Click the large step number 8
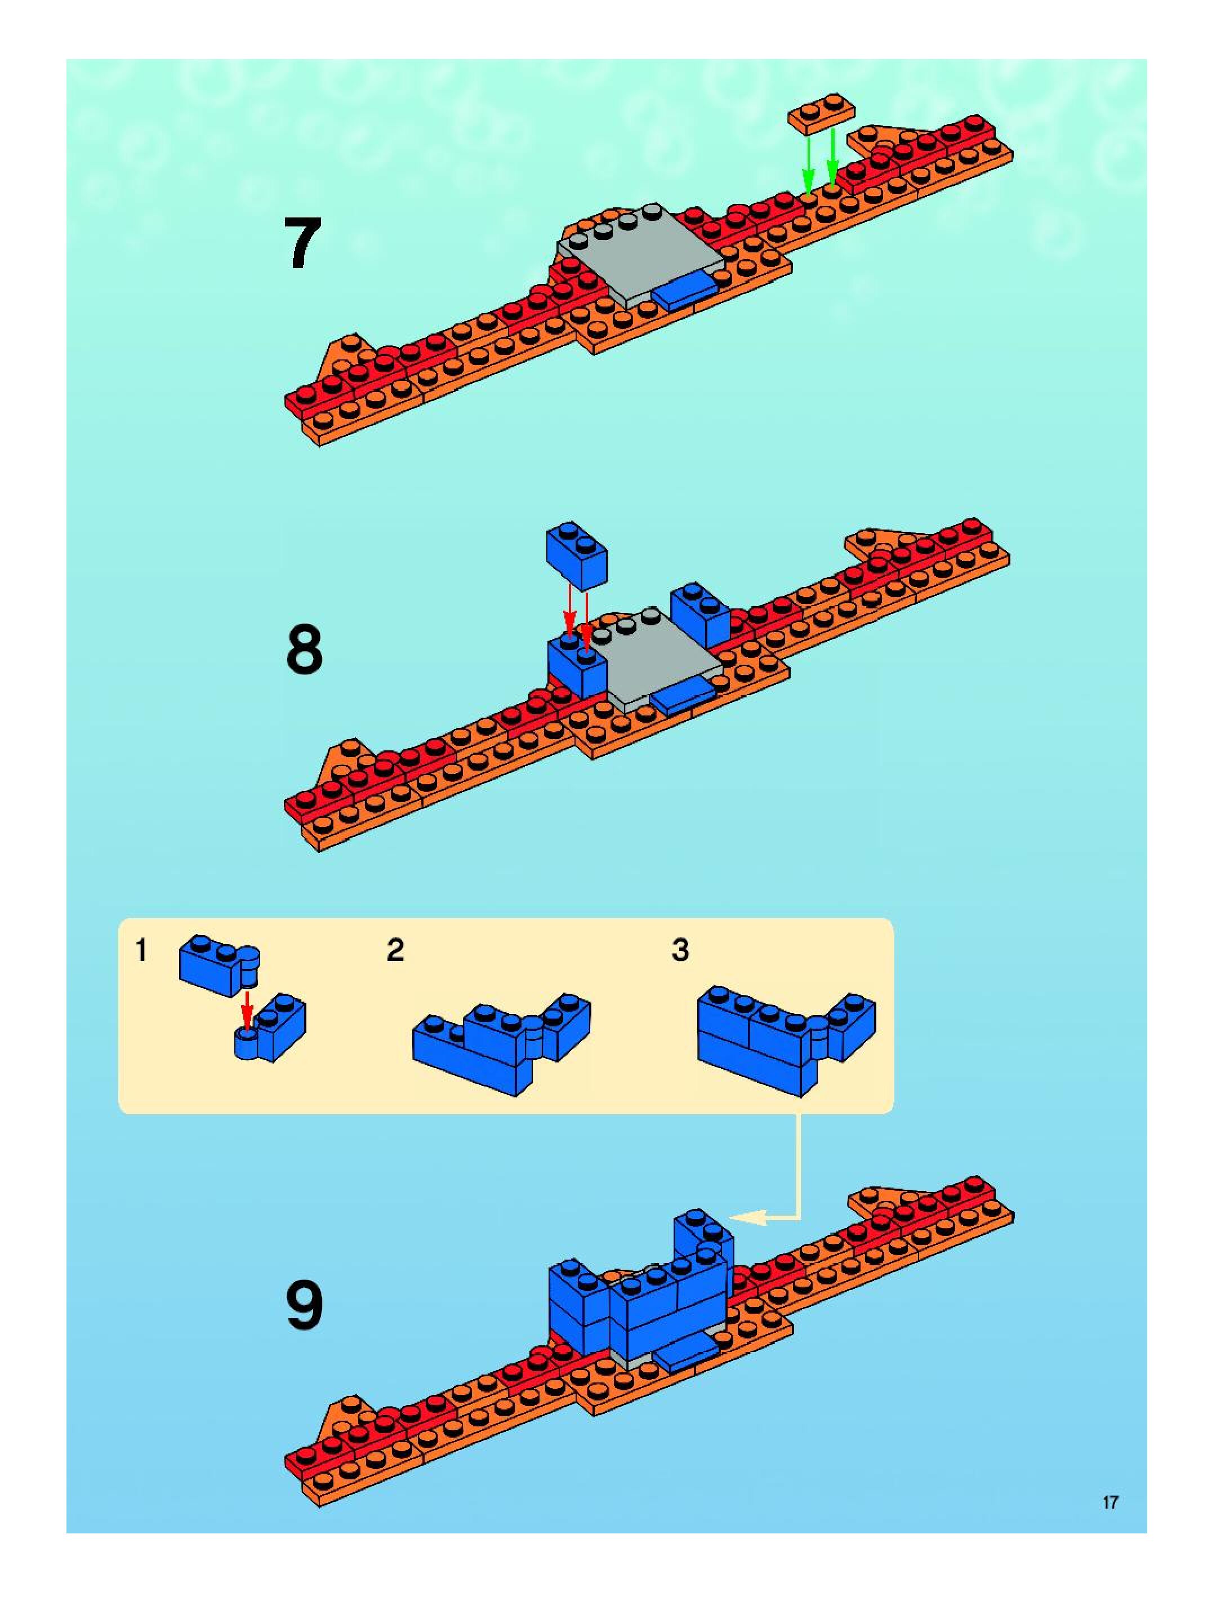click(304, 650)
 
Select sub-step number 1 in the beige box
click(142, 950)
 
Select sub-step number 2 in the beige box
click(395, 950)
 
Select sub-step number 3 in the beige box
click(680, 950)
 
